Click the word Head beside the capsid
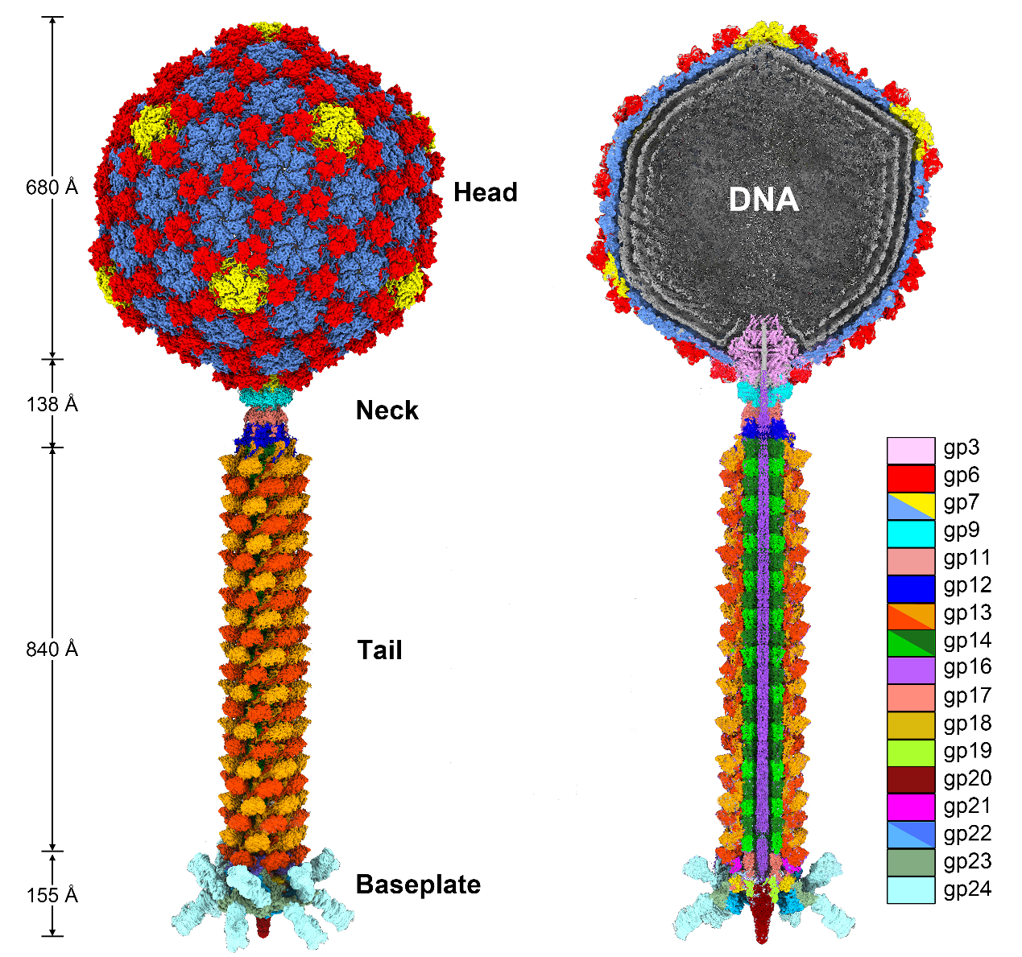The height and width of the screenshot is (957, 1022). pos(485,192)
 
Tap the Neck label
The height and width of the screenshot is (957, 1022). pos(387,410)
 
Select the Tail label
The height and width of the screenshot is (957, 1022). pos(379,650)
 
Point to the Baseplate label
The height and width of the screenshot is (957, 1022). pos(418,885)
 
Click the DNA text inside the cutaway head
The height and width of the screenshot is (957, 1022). pos(763,200)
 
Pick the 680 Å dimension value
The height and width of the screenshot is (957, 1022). pos(52,188)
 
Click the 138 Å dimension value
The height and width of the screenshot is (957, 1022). pos(52,403)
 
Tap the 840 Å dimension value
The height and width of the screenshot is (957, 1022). pos(52,649)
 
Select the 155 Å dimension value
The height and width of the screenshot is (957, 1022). pos(52,894)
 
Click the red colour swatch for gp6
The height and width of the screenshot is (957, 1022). pos(910,478)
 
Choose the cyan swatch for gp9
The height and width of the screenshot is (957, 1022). pos(910,533)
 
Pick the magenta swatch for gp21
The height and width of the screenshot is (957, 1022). pos(910,806)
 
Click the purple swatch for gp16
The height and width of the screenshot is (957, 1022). pos(910,670)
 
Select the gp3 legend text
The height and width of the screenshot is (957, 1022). pos(961,449)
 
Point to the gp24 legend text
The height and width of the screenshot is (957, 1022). pos(966,889)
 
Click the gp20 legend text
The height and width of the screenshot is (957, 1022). pos(966,779)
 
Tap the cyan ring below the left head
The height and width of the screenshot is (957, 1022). pos(268,396)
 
